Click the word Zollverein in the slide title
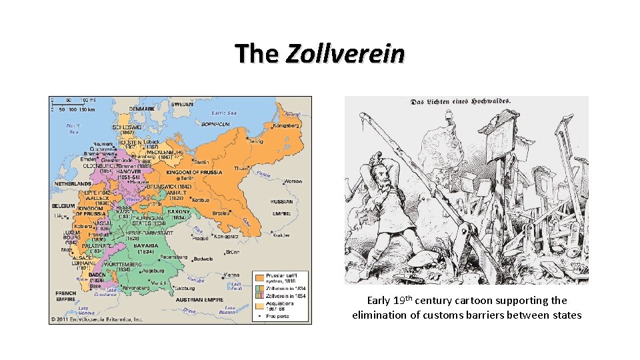click(x=345, y=53)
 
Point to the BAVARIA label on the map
click(x=146, y=245)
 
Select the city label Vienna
click(x=232, y=275)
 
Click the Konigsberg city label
click(x=287, y=125)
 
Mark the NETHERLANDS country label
click(x=73, y=183)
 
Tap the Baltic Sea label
click(x=224, y=113)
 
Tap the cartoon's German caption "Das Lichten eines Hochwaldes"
click(x=461, y=101)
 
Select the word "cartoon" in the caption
click(x=472, y=301)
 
